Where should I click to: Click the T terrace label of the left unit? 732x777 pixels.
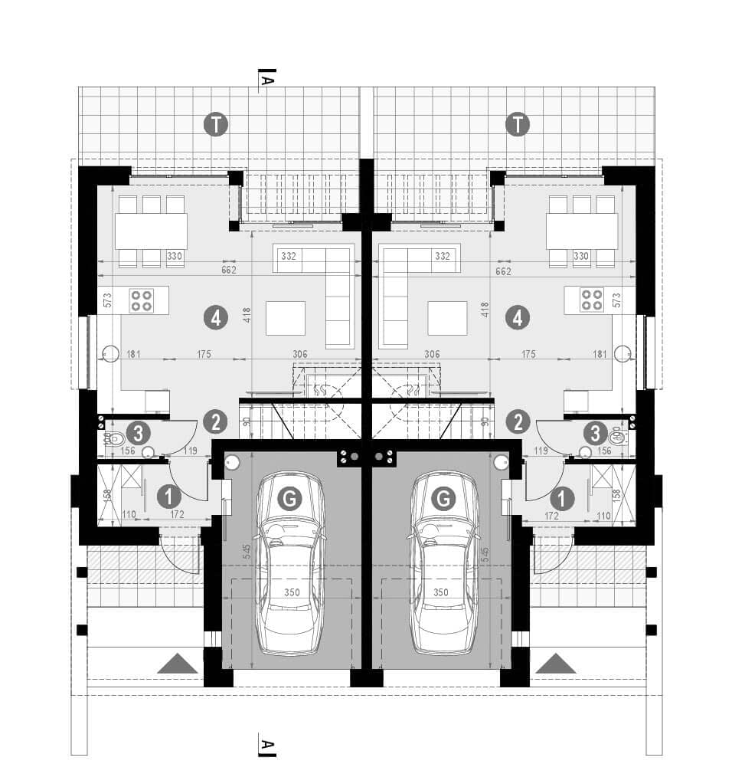(217, 124)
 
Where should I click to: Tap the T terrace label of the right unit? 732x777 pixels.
(518, 124)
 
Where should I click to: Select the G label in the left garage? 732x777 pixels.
(289, 500)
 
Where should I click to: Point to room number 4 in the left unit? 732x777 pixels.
(217, 317)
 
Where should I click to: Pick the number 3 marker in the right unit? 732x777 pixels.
(595, 433)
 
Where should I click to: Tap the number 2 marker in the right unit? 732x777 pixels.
(518, 421)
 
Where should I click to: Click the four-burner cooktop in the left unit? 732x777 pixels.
(140, 300)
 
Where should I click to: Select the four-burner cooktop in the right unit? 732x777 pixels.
(591, 300)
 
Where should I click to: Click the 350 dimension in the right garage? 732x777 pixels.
(441, 592)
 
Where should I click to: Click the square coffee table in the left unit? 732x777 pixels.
(286, 318)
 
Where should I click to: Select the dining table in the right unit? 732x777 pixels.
(581, 231)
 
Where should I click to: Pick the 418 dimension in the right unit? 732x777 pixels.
(485, 309)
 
